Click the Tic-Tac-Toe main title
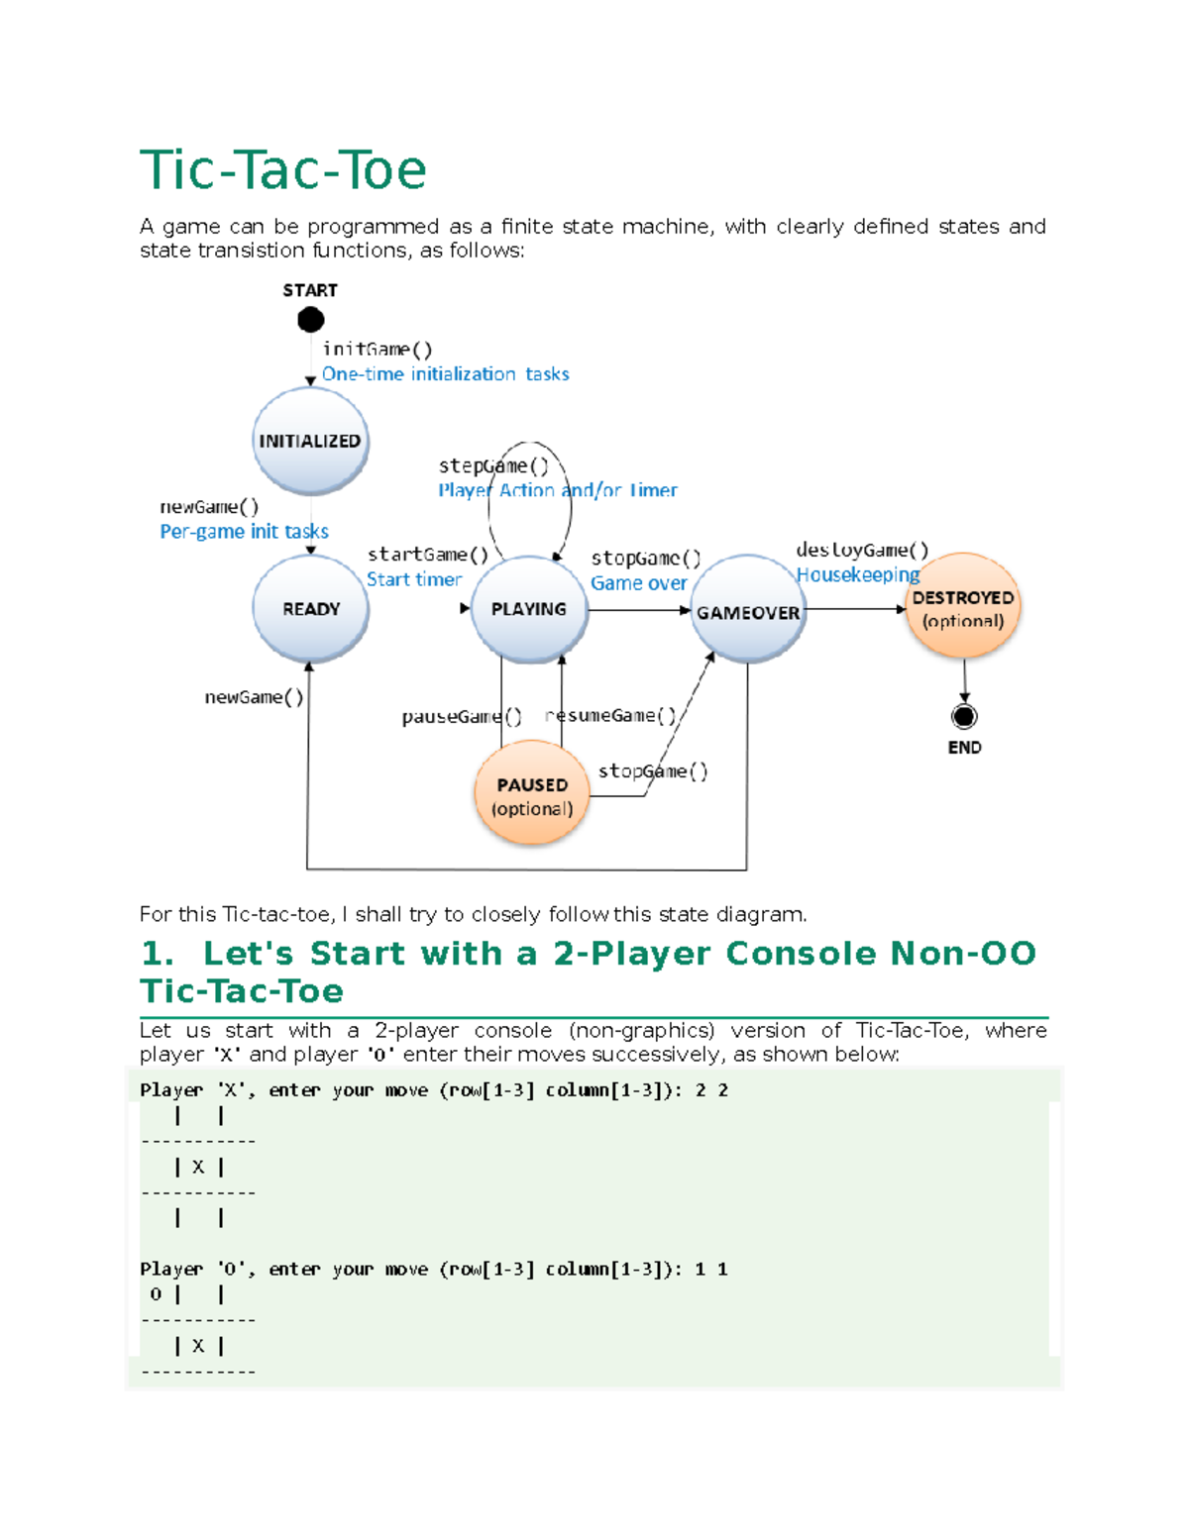(283, 170)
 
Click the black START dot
(311, 320)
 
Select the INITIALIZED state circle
(310, 441)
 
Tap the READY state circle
(311, 608)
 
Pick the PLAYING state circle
(529, 608)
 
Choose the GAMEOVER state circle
(748, 612)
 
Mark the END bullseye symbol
(964, 716)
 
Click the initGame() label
(378, 349)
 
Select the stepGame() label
(493, 465)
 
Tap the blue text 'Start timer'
(414, 579)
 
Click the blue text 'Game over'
(638, 583)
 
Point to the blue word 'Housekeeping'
(858, 574)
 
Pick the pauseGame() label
(461, 716)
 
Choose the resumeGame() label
(611, 715)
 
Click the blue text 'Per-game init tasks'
(244, 532)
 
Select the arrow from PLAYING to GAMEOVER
(639, 610)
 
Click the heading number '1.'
(158, 953)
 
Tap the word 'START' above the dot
(310, 290)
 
